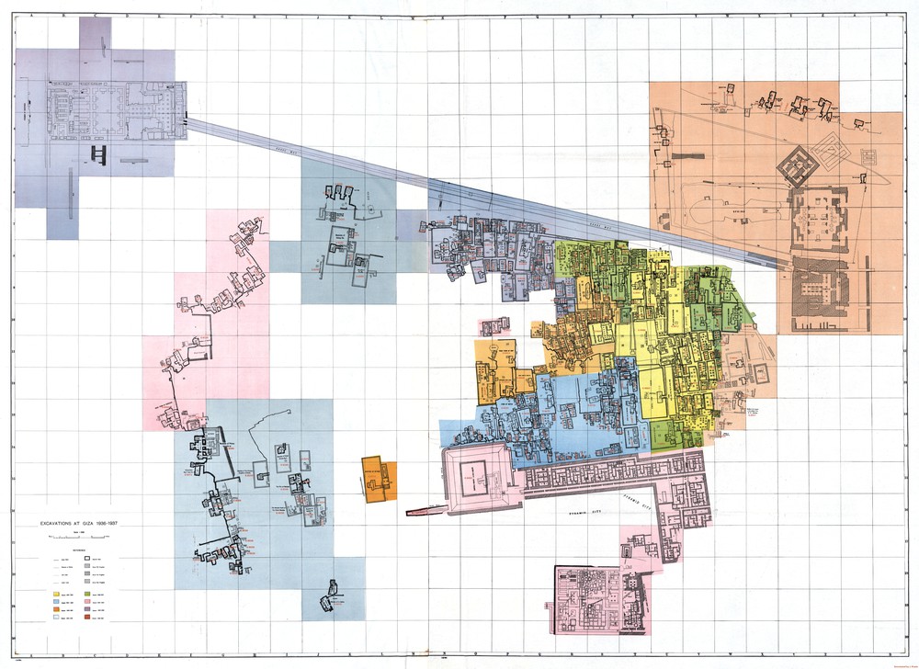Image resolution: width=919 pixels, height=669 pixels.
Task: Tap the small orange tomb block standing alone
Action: pos(379,479)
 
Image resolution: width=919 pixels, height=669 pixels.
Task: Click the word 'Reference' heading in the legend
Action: pos(74,550)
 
